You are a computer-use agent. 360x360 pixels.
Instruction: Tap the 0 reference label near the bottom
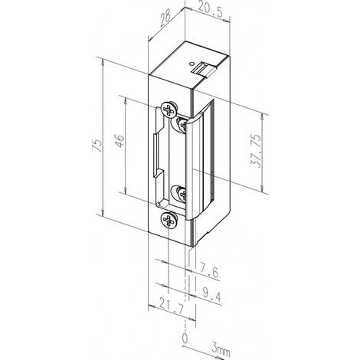coord(184,337)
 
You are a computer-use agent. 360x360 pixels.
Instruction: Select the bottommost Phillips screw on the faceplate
coord(166,223)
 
